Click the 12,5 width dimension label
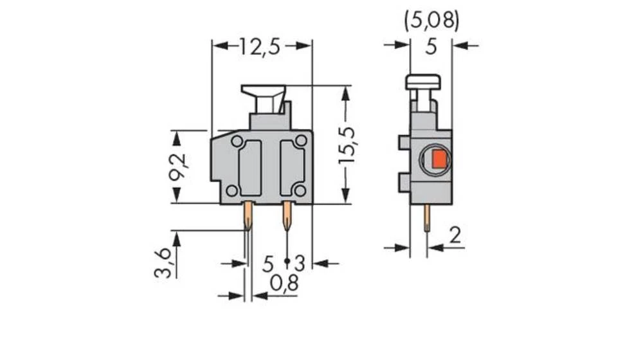[261, 46]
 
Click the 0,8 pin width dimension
[284, 283]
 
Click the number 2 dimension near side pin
[455, 237]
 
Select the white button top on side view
[423, 82]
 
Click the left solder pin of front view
[248, 217]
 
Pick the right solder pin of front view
[287, 217]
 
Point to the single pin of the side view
[427, 219]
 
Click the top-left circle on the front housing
[237, 141]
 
